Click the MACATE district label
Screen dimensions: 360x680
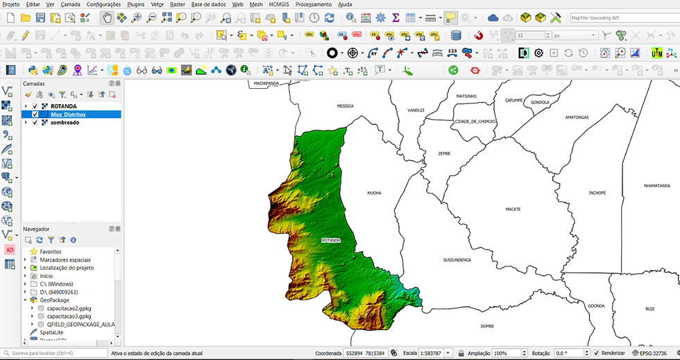(x=513, y=209)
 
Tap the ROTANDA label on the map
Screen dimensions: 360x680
(x=331, y=240)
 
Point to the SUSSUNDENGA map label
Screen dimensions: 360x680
(x=457, y=259)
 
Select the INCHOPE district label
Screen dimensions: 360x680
(x=597, y=193)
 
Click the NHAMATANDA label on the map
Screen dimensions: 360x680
(x=656, y=186)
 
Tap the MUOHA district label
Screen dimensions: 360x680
(x=374, y=193)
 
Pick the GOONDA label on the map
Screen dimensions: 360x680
(x=596, y=306)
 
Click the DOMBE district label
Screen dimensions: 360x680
(x=486, y=325)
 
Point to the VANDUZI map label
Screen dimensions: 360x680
(x=416, y=110)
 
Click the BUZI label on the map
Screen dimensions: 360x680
(x=649, y=309)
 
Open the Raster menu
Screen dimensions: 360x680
(x=178, y=4)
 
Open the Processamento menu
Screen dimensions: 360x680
(x=314, y=4)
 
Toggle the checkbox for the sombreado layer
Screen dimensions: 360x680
(x=35, y=123)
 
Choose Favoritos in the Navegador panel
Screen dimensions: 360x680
(x=51, y=251)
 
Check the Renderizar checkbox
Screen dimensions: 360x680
(x=596, y=353)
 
